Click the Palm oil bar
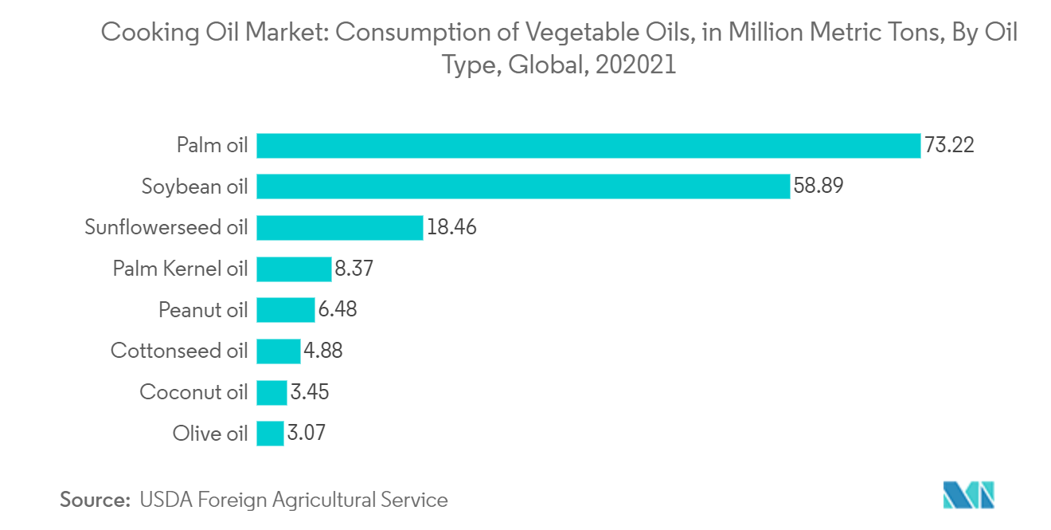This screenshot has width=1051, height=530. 588,146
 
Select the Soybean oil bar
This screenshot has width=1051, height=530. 523,186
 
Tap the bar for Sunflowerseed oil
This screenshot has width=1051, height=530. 339,228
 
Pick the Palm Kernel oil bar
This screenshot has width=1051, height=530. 294,269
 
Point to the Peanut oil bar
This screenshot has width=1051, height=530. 286,310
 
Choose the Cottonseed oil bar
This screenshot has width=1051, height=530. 279,351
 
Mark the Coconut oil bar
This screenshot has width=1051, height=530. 272,392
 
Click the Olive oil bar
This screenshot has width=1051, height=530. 270,434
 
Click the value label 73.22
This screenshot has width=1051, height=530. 949,146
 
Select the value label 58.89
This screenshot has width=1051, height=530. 819,186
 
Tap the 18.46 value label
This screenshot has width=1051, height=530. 451,228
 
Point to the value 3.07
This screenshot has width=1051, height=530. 307,434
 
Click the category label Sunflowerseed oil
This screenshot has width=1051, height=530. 166,228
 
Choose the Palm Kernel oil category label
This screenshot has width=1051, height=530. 180,269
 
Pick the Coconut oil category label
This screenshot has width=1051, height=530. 193,392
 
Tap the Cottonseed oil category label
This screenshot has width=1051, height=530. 179,351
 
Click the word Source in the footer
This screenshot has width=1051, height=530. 95,500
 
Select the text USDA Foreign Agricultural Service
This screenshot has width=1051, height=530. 293,500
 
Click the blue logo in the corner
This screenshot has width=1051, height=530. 968,495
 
